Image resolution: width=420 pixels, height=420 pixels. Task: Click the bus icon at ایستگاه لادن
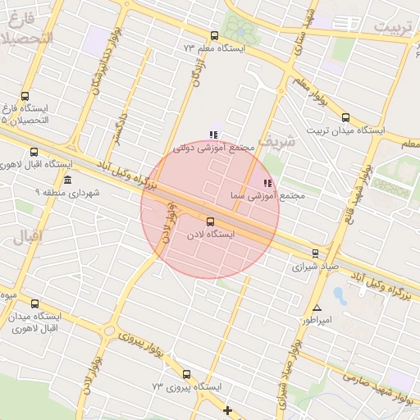(210, 221)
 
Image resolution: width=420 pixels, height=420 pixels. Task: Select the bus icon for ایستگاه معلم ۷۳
(214, 35)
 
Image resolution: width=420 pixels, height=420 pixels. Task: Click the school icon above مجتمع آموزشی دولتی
(214, 135)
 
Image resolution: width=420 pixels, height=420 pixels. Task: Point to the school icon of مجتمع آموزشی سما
(266, 183)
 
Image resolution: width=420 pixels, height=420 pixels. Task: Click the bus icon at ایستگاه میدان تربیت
(345, 117)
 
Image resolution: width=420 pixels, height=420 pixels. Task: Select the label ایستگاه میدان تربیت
(345, 130)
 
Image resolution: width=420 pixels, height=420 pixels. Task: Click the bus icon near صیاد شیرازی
(316, 253)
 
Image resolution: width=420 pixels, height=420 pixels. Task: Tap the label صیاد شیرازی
(316, 267)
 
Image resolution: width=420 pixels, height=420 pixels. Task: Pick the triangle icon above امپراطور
(317, 308)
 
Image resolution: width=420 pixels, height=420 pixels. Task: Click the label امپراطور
(313, 320)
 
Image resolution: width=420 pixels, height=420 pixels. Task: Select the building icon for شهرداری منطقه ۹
(67, 180)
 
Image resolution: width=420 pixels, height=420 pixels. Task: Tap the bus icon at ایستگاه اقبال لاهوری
(34, 152)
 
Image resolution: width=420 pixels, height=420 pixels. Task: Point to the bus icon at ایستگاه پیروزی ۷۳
(186, 374)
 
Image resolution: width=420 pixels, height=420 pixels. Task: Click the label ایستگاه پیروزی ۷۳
(185, 386)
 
